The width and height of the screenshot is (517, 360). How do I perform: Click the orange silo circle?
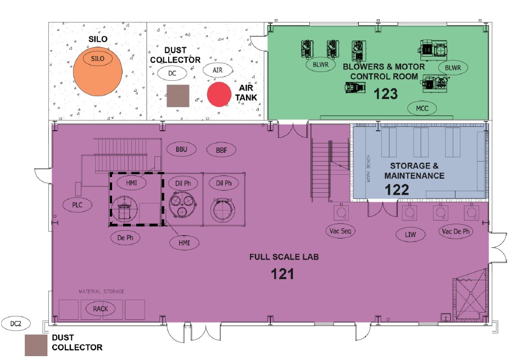click(x=98, y=71)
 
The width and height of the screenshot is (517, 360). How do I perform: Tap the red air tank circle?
click(x=219, y=95)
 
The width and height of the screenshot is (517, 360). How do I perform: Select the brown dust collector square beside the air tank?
click(x=178, y=96)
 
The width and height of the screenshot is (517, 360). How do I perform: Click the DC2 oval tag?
click(x=15, y=324)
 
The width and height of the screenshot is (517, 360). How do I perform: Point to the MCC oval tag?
click(x=422, y=108)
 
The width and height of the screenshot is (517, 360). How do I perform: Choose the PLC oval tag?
click(x=77, y=205)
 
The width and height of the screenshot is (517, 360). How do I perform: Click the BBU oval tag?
click(x=181, y=149)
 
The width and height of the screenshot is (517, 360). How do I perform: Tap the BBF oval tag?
click(x=221, y=150)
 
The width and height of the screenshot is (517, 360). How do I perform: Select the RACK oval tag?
click(x=100, y=308)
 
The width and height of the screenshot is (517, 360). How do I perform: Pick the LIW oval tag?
click(x=410, y=235)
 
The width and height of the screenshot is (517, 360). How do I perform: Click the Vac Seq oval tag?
click(x=340, y=231)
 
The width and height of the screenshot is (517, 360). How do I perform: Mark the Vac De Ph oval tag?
click(x=456, y=231)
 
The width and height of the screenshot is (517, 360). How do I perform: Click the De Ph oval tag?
click(x=125, y=237)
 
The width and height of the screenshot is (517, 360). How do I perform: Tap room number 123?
click(x=386, y=94)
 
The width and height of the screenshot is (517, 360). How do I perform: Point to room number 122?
click(x=397, y=190)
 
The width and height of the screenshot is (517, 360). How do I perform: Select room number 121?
click(x=282, y=274)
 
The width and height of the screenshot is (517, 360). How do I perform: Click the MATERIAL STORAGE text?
click(x=102, y=291)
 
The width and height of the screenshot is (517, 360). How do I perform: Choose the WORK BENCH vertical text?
click(x=368, y=168)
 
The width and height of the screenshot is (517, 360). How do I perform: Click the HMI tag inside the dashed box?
click(x=131, y=182)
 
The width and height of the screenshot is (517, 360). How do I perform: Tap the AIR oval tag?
click(x=217, y=70)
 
